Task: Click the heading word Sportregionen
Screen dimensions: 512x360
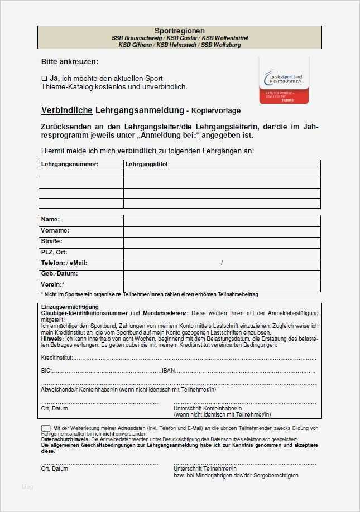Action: [179, 31]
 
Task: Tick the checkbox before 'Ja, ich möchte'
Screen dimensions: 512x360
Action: [44, 78]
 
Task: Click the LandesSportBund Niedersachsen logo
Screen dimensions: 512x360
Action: [283, 79]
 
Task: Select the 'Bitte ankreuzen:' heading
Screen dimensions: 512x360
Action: [69, 61]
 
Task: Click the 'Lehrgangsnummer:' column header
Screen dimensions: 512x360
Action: [69, 164]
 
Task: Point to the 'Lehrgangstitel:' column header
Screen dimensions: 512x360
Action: [147, 164]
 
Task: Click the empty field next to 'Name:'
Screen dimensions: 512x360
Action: [222, 221]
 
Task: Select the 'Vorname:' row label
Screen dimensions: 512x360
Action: [55, 230]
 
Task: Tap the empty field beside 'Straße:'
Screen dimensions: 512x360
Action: [222, 243]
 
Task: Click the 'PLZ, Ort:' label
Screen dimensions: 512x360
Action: [54, 252]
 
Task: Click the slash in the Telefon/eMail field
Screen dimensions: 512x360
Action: [222, 263]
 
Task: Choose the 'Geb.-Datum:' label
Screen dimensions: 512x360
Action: [59, 273]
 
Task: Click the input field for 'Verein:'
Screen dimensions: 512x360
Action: [222, 286]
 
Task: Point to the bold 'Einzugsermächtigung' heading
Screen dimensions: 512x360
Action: [70, 307]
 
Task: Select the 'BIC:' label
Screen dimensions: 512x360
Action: [46, 370]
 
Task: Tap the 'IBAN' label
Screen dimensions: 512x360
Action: [168, 370]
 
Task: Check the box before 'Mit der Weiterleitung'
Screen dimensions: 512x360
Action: [45, 428]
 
